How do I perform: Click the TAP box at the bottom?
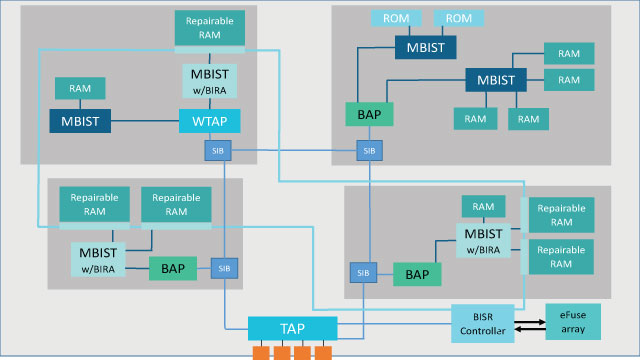click(293, 328)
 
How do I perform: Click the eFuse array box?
click(573, 321)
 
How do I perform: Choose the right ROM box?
click(459, 19)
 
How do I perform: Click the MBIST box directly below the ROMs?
click(425, 46)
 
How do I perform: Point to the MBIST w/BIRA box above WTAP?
click(210, 80)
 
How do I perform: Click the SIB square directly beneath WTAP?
click(216, 151)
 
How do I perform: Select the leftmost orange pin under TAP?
click(261, 353)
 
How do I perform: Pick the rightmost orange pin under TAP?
click(323, 353)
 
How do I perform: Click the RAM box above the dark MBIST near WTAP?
click(80, 88)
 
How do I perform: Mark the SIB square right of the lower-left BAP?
click(224, 267)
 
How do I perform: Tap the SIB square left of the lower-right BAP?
click(360, 272)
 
